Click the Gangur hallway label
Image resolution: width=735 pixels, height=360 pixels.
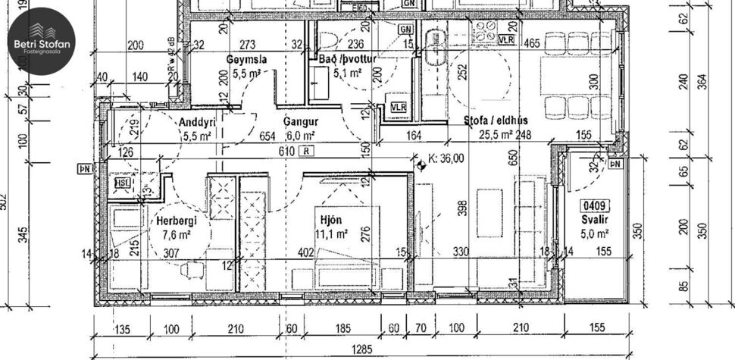[300, 121]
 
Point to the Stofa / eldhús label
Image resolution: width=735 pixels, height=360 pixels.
[496, 121]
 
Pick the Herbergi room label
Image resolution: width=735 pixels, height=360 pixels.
[177, 220]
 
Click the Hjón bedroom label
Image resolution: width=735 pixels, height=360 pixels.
[332, 220]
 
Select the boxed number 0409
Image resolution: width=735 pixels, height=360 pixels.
[595, 205]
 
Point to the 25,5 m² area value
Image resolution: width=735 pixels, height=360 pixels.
[496, 136]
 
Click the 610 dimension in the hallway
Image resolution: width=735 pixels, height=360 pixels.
[285, 151]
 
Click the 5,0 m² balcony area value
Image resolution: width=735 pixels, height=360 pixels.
[596, 235]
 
